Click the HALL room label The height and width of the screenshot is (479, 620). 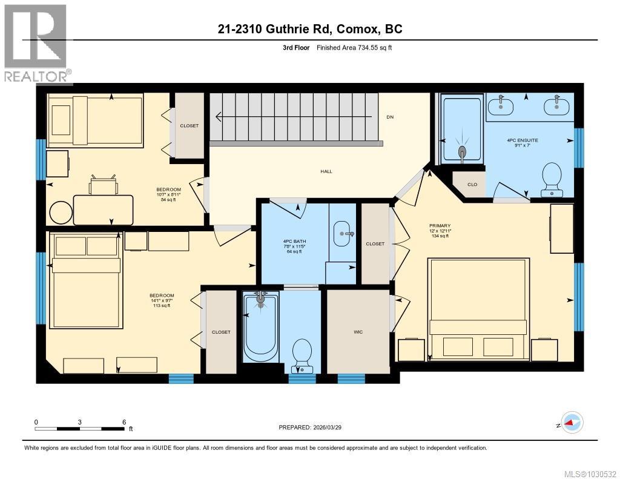[326, 171]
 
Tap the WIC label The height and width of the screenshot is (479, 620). [357, 332]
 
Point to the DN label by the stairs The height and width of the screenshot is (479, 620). [390, 117]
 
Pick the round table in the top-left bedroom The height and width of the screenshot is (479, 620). [61, 213]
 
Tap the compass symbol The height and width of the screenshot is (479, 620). [572, 423]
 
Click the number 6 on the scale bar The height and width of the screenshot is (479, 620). [124, 422]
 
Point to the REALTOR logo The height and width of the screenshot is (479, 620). [36, 42]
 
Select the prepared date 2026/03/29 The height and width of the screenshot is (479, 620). [314, 428]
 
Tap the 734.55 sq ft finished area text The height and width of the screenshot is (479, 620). [357, 47]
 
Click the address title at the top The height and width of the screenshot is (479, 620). [311, 28]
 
